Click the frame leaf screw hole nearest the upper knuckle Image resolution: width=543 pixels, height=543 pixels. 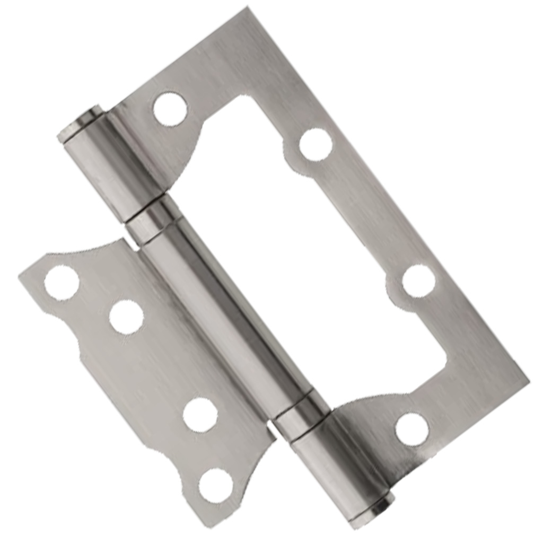[x=170, y=109]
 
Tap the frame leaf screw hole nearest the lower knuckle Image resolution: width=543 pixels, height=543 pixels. [x=412, y=429]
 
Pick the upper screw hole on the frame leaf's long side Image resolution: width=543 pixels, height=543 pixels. [x=316, y=144]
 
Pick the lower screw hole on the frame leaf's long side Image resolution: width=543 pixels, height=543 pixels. [x=418, y=281]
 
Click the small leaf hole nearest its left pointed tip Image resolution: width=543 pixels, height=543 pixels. [x=62, y=283]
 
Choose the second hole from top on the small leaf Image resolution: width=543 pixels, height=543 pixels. [x=126, y=317]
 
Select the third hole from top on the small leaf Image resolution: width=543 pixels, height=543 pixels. [x=200, y=414]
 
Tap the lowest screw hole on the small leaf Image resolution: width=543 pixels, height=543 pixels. [x=216, y=485]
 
